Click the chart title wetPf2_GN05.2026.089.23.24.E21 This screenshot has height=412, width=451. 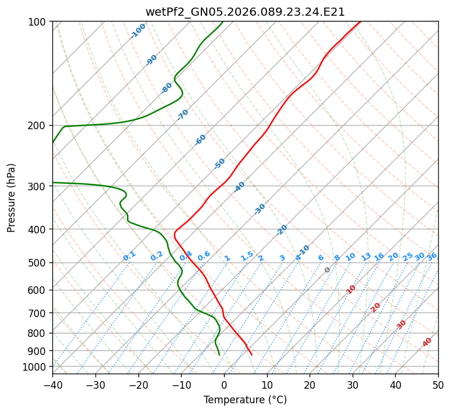[x=245, y=12]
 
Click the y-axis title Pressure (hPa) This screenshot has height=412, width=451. [x=12, y=197]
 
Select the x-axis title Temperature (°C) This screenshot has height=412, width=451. [x=245, y=400]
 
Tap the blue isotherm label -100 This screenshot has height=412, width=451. [x=139, y=30]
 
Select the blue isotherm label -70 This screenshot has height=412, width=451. [x=183, y=115]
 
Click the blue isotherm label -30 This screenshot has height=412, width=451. [x=260, y=209]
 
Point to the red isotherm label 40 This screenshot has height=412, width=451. [x=427, y=342]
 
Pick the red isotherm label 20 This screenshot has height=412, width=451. [x=376, y=307]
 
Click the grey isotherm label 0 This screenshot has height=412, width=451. [x=328, y=270]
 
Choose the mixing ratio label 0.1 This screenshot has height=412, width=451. [x=129, y=255]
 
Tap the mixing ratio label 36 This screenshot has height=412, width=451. [x=432, y=256]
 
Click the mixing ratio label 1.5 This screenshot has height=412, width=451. [x=247, y=255]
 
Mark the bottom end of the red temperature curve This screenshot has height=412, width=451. [x=251, y=354]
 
